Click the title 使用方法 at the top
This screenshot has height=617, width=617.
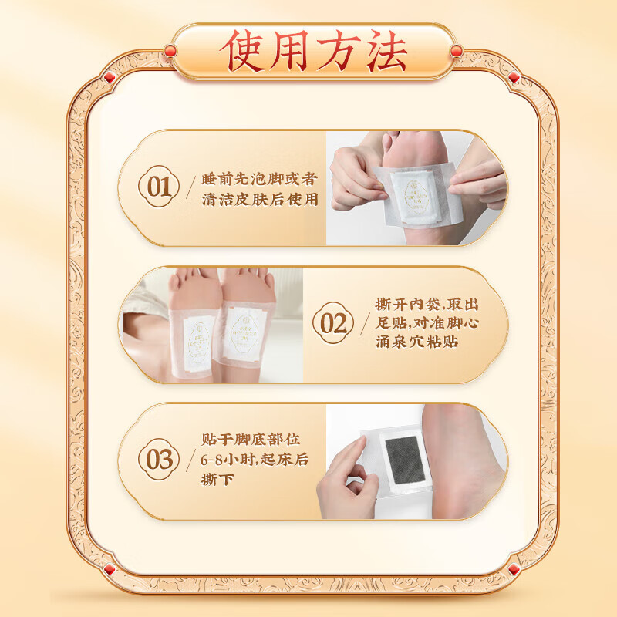click(312, 52)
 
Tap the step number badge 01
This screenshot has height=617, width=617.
click(159, 187)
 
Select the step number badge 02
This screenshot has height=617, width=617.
click(332, 323)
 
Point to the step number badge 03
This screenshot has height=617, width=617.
click(159, 460)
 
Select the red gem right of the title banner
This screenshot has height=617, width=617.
click(456, 51)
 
